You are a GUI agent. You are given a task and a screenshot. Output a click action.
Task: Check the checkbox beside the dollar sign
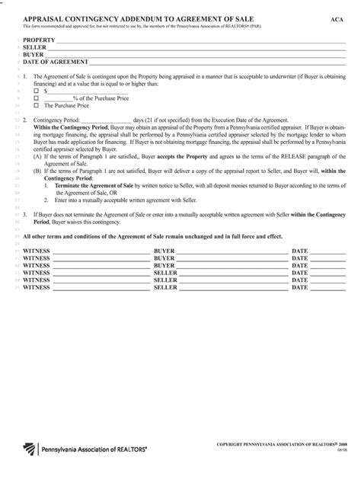[36, 91]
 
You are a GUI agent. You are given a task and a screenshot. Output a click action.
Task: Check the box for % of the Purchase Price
[36, 98]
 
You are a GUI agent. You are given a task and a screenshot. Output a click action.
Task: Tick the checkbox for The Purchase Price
[36, 106]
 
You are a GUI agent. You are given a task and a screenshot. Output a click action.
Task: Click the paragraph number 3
[25, 214]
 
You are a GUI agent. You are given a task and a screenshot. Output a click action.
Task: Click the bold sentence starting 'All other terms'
[152, 236]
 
